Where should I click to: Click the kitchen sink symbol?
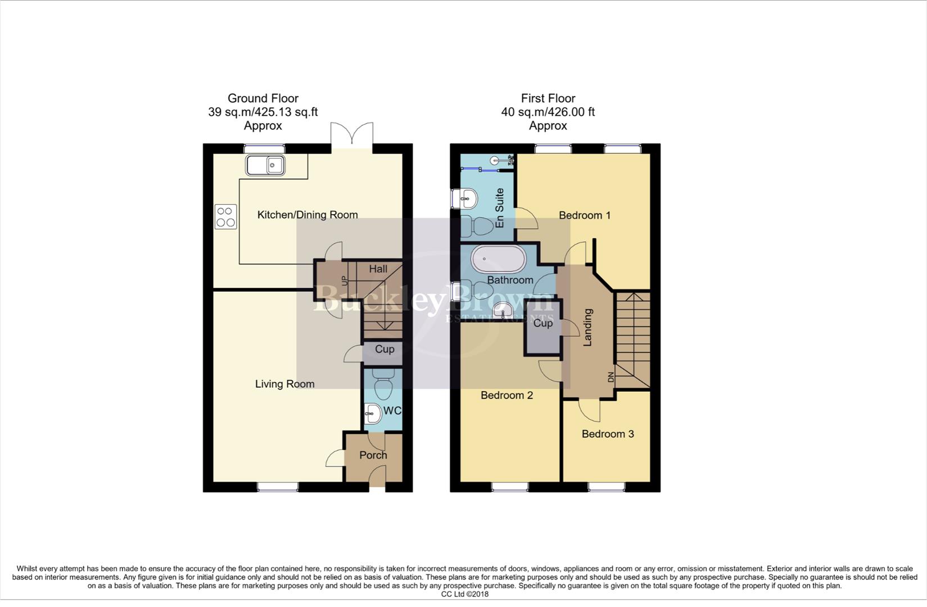click(x=265, y=166)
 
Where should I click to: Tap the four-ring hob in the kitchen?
click(x=225, y=218)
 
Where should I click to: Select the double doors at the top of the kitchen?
click(x=352, y=137)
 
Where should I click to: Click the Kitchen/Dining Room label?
click(x=308, y=215)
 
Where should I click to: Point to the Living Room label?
click(x=284, y=384)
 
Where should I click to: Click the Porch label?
click(x=373, y=455)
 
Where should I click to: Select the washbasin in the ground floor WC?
click(x=374, y=414)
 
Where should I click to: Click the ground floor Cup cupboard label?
click(x=385, y=349)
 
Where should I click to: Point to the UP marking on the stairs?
click(x=345, y=280)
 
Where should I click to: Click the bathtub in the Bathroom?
click(x=499, y=259)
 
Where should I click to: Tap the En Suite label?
click(x=500, y=208)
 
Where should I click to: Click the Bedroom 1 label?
click(x=585, y=215)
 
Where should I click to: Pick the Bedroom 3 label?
click(x=608, y=434)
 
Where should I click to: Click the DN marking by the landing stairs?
click(x=611, y=378)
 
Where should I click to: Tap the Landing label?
click(x=588, y=327)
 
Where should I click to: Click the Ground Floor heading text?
click(x=263, y=98)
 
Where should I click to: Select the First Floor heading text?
click(x=548, y=98)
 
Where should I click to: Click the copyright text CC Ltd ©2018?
click(x=464, y=594)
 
